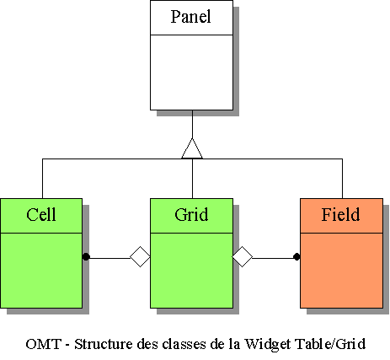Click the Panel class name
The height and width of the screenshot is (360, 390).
point(191,16)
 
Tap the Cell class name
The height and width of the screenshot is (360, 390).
point(41,215)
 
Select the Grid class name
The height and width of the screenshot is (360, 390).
point(191,215)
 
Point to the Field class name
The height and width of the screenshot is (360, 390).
point(340,215)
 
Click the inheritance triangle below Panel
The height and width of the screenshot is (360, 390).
point(192,148)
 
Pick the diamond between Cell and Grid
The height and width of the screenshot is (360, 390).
point(140,256)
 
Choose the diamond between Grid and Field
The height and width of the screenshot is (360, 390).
point(243,256)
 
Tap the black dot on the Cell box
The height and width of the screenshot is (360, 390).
point(86,256)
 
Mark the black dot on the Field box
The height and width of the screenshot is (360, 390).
point(297,256)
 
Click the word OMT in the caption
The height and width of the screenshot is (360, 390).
point(44,344)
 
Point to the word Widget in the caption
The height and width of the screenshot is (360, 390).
point(268,344)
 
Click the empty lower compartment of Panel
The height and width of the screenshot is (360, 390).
point(191,73)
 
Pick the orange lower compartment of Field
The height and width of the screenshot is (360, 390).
point(341,271)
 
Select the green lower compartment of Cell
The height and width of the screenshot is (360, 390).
point(41,271)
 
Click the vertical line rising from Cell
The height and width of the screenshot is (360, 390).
point(42,179)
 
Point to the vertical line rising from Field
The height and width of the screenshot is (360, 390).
point(342,179)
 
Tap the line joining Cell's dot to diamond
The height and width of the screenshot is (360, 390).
point(110,258)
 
